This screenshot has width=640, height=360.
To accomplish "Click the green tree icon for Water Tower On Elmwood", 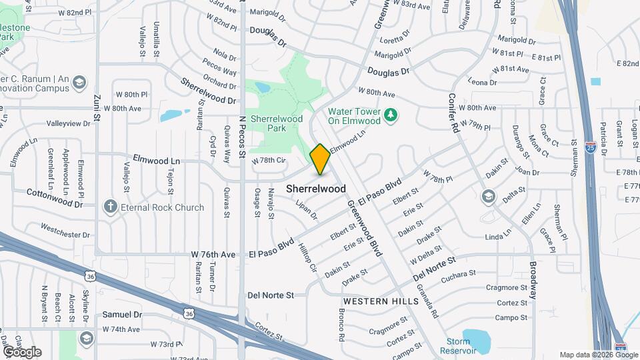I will click(391, 115).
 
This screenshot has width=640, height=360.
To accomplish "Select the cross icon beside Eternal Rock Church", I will click(110, 207).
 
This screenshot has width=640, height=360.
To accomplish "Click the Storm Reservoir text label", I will click(457, 346).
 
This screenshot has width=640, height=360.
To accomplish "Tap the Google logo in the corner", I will click(22, 351).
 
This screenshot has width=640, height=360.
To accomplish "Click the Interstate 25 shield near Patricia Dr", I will click(591, 148).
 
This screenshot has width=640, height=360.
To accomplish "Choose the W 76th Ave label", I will click(213, 255).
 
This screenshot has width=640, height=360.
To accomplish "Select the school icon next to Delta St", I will click(489, 196).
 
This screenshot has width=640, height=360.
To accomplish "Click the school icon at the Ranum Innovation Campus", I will click(79, 83).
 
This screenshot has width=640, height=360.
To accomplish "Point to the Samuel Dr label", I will click(123, 315).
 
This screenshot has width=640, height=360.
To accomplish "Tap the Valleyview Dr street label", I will click(68, 123).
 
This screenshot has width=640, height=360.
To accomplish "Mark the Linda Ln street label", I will click(497, 237).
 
